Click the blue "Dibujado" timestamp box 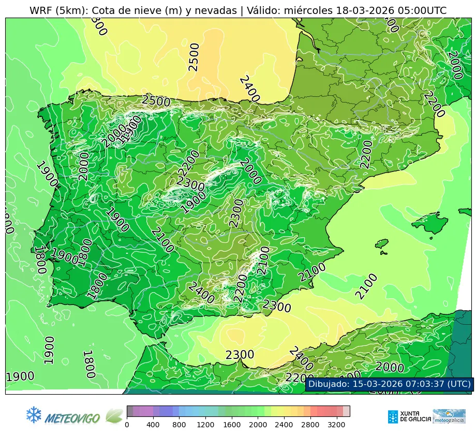pos(389,384)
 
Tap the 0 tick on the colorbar pos(127,425)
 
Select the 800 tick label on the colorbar pos(179,425)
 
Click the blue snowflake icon pos(34,414)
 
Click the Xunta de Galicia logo pos(408,416)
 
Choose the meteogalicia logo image pos(449,416)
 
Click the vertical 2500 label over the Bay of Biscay pos(194,57)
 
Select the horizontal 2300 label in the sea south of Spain pos(240,355)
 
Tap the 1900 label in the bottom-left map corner pos(20,377)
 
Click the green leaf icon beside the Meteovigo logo pos(114,416)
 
